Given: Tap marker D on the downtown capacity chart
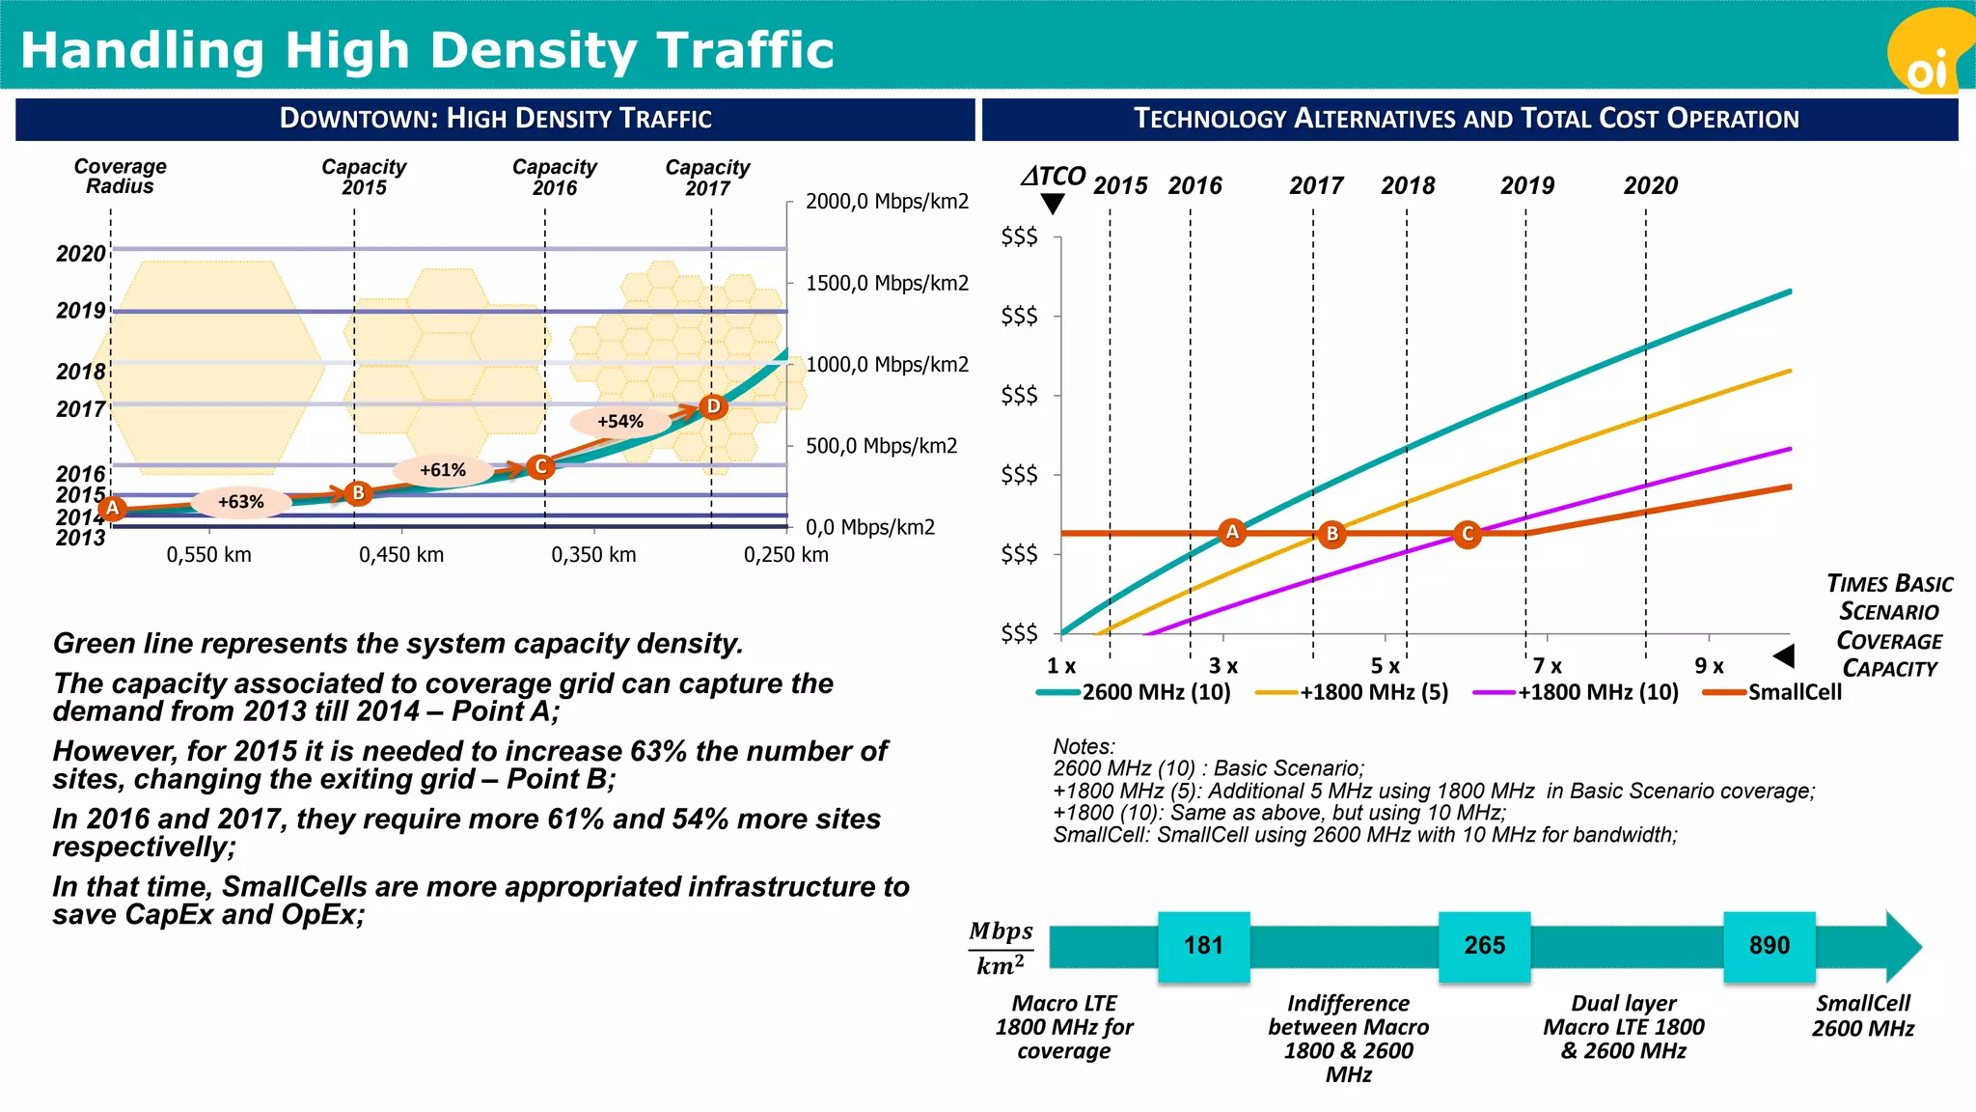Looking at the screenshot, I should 713,406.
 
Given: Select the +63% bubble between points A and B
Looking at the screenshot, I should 240,502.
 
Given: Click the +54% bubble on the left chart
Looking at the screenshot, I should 619,422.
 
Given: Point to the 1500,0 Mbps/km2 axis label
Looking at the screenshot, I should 887,284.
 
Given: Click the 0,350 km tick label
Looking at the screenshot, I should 593,555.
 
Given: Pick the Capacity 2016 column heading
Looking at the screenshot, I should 554,177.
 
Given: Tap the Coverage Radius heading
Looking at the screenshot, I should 120,177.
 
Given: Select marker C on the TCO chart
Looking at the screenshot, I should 1468,534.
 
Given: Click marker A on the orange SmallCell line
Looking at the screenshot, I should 1232,532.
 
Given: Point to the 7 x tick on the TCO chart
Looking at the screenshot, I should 1548,666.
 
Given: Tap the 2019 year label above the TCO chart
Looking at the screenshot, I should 1527,185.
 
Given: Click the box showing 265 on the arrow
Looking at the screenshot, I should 1484,946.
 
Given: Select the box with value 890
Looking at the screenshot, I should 1769,946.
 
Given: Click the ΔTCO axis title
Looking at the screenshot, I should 1054,177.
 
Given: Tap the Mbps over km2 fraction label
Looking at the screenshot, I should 1001,948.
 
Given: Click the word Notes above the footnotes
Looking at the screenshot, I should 1084,746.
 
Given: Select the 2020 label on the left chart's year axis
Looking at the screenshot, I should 80,254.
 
